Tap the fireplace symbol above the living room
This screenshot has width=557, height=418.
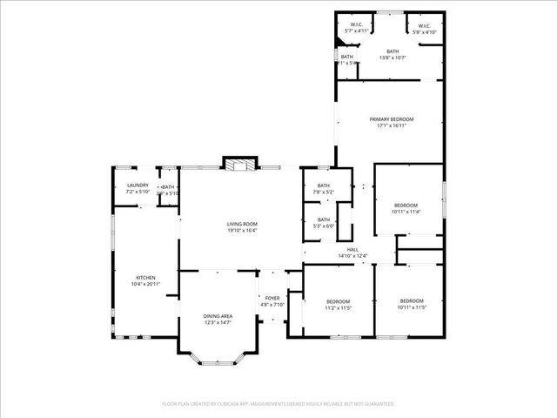(x=241, y=164)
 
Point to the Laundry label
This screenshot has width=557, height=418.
(x=138, y=185)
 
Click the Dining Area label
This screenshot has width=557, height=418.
(x=218, y=315)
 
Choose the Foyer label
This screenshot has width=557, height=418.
(x=272, y=299)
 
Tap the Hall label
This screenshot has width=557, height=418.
(x=352, y=249)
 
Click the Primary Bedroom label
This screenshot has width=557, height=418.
(x=391, y=118)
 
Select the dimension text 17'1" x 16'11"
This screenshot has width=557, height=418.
(x=391, y=125)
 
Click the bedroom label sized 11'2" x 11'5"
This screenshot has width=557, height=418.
(x=325, y=300)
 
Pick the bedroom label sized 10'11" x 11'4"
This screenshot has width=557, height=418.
(x=406, y=205)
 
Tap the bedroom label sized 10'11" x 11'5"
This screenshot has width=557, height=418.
(x=412, y=300)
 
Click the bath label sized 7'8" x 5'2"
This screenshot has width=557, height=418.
(x=324, y=185)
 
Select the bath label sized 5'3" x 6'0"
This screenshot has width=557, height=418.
(x=324, y=219)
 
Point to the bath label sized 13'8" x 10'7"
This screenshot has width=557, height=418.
(x=393, y=51)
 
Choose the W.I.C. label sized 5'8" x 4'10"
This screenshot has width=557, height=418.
(x=423, y=25)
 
